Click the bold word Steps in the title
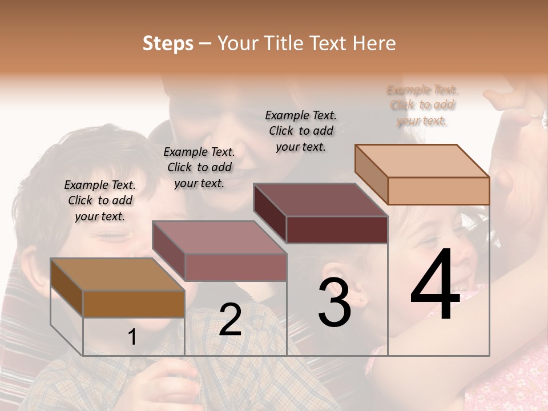pos(168,43)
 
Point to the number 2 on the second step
pos(230,320)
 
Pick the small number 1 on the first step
pos(132,337)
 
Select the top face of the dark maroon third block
pos(320,200)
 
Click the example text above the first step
pos(100,200)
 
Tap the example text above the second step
pos(199,167)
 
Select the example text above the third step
pos(301,131)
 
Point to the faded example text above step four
pos(422,105)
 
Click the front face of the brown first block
pos(134,304)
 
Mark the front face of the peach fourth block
pos(438,190)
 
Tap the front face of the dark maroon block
pos(337,229)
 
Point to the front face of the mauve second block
pos(235,267)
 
